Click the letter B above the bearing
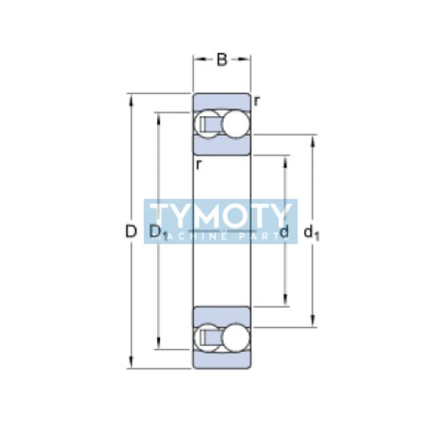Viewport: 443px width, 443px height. pos(221,60)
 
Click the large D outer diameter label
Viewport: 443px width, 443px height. pos(131,231)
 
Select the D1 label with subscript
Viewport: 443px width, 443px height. pos(157,233)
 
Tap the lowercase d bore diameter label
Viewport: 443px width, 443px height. pos(285,232)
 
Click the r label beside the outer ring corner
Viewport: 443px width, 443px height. pos(257,101)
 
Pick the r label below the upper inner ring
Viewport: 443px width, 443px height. pos(198,164)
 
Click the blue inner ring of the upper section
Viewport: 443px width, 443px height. pos(221,145)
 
